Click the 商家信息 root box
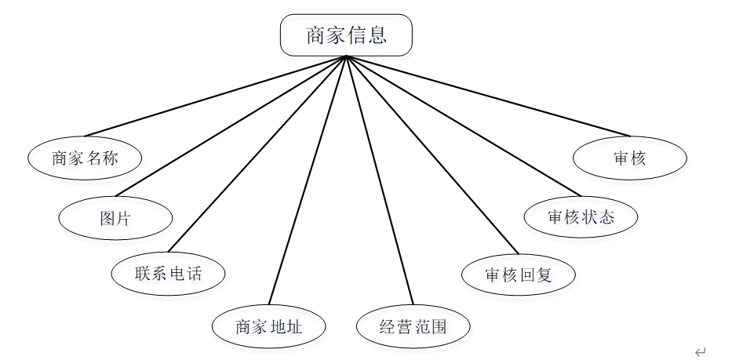[x=346, y=35]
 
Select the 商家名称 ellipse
[x=85, y=158]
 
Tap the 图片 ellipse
[x=115, y=218]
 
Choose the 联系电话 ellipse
[x=168, y=274]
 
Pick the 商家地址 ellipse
[x=268, y=326]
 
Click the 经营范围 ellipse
[x=413, y=326]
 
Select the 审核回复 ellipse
[x=518, y=275]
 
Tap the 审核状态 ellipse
[x=581, y=216]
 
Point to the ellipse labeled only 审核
[x=630, y=158]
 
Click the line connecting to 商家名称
[x=216, y=96]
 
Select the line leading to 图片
[x=231, y=125]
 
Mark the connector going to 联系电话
[x=257, y=154]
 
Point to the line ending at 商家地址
[x=307, y=180]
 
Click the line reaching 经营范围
[x=380, y=180]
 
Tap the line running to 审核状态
[x=463, y=125]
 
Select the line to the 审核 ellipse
[x=486, y=95]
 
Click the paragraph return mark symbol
[x=700, y=352]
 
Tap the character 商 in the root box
[x=316, y=35]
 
